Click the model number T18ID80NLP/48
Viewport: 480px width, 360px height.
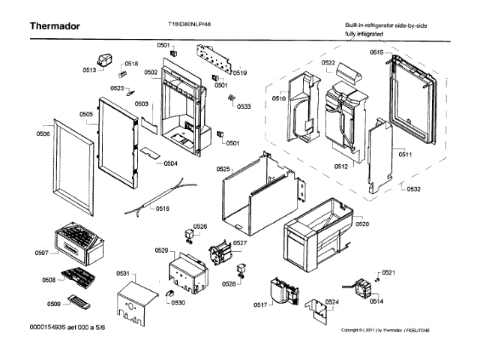click(x=190, y=23)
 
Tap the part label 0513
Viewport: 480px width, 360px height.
click(x=89, y=70)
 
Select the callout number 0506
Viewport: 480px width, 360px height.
click(x=43, y=133)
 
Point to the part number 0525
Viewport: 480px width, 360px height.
click(x=223, y=170)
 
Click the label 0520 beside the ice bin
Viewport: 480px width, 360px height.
click(x=362, y=224)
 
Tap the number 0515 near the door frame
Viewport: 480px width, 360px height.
click(x=376, y=52)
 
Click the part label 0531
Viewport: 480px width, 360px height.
click(x=123, y=274)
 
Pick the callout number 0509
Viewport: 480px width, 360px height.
click(x=53, y=304)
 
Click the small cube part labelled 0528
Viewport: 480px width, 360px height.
click(x=241, y=269)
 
